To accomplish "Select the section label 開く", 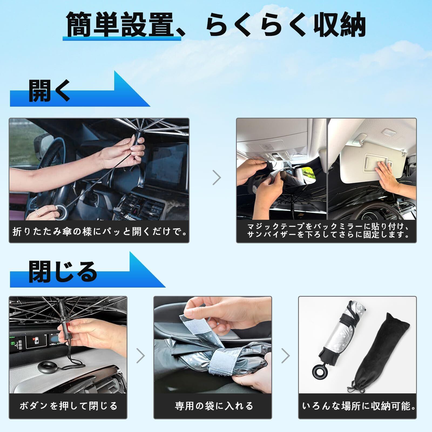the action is click(x=49, y=90).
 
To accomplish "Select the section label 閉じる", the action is click(x=63, y=271).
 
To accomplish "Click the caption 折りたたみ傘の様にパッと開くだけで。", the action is click(x=99, y=232).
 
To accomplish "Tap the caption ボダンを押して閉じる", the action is click(x=68, y=406).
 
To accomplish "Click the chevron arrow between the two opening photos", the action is click(x=217, y=177).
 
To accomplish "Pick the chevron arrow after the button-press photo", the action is click(x=140, y=356).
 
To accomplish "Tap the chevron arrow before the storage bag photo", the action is click(x=285, y=356).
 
